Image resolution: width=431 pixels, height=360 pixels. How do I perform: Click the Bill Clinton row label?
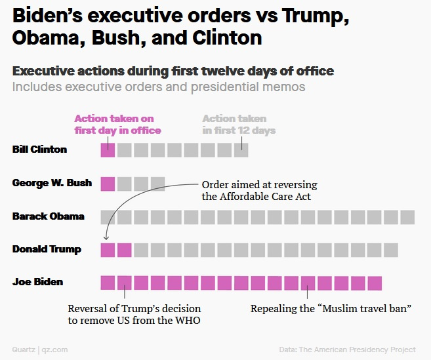[x=39, y=149]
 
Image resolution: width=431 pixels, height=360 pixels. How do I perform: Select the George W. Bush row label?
[x=52, y=183]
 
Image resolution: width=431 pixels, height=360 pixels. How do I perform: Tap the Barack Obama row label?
[x=48, y=216]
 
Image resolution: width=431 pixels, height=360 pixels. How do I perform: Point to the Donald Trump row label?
[x=47, y=249]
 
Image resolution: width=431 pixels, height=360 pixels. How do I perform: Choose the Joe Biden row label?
[x=37, y=282]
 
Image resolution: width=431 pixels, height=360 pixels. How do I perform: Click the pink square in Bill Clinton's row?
[x=108, y=150]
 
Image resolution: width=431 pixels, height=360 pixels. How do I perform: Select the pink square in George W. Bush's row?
[x=108, y=184]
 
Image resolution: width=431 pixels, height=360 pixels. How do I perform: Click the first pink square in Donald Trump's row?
[x=108, y=250]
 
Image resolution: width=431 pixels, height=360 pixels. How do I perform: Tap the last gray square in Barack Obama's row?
[x=407, y=217]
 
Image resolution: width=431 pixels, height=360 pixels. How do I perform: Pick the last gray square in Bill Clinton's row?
[x=241, y=150]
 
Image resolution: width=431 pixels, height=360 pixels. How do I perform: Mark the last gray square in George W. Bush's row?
[x=157, y=184]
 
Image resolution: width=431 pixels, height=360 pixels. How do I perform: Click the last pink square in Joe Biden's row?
[x=374, y=283]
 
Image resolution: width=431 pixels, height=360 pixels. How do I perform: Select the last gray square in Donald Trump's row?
[x=391, y=250]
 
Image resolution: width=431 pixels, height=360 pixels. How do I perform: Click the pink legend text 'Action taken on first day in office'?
[x=117, y=125]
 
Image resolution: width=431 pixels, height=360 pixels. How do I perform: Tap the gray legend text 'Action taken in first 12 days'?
[x=238, y=125]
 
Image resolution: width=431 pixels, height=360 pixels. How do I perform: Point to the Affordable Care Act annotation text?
[x=260, y=191]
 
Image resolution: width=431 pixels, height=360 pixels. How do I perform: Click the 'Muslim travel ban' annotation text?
[x=331, y=308]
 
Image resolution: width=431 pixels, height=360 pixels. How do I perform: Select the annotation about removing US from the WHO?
[x=134, y=314]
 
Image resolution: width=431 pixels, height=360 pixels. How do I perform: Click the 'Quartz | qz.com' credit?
[x=39, y=350]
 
